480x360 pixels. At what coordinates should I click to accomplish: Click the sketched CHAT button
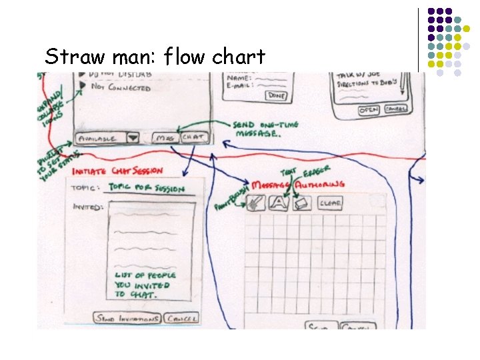pos(194,137)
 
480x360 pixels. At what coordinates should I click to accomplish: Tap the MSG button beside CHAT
pos(164,138)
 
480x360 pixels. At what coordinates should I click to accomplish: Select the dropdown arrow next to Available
pos(133,138)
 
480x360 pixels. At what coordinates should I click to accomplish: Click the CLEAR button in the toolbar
pos(331,202)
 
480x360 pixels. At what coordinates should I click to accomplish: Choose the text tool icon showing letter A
pos(278,202)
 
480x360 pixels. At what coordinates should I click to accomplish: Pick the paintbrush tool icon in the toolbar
pos(256,202)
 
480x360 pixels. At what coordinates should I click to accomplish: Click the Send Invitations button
pos(128,319)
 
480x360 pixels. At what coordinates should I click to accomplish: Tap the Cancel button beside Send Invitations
pos(182,319)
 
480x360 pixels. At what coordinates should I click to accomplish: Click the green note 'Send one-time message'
pos(266,129)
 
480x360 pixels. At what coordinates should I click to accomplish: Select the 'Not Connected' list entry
pos(120,87)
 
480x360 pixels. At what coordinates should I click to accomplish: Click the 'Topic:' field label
pos(87,188)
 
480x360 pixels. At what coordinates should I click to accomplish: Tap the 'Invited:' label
pos(87,207)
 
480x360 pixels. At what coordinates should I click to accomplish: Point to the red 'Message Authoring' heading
pos(297,183)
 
